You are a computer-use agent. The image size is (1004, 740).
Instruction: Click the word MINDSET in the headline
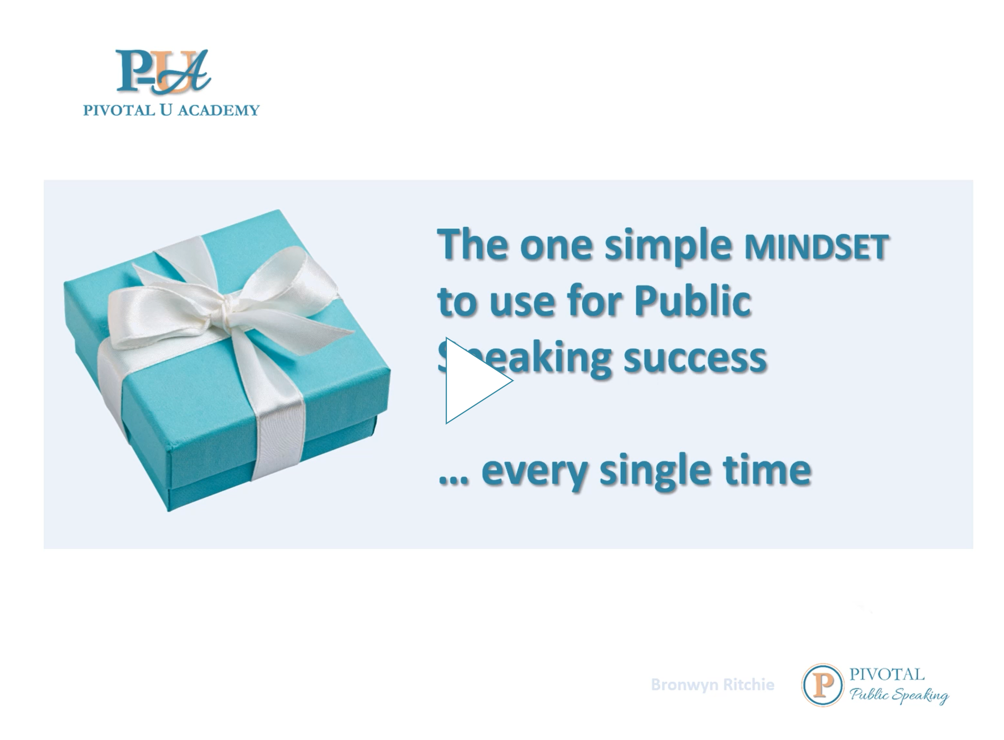tap(816, 247)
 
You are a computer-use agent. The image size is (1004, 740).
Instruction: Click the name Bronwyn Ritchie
tap(712, 684)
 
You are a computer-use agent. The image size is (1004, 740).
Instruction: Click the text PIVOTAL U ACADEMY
tap(171, 110)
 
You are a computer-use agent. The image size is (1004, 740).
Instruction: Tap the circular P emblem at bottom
tap(823, 684)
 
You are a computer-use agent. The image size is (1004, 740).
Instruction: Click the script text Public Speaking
tap(899, 695)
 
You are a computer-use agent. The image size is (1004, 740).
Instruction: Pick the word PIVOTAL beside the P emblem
tap(887, 674)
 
